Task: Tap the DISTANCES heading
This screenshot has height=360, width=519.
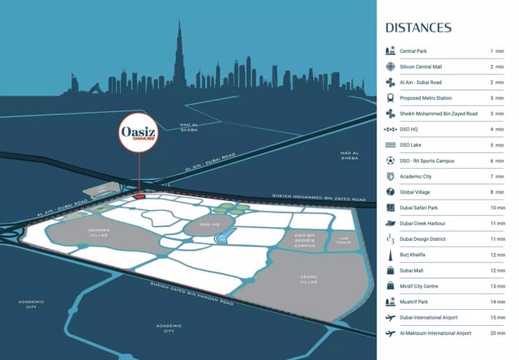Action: [418, 28]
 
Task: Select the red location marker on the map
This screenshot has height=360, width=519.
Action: [139, 195]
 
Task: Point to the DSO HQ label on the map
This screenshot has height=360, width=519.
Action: [209, 225]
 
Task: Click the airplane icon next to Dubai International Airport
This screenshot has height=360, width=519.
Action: [391, 317]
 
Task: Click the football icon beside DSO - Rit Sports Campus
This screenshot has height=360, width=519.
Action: [391, 161]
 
